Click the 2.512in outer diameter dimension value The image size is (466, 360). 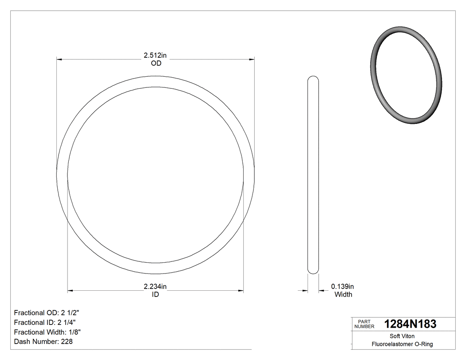[x=155, y=55]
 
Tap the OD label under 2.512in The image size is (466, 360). [x=156, y=63]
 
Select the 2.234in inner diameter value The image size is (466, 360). [x=155, y=286]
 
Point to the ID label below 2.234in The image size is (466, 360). [x=155, y=294]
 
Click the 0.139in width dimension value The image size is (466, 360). [x=343, y=286]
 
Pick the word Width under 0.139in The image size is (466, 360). [x=343, y=294]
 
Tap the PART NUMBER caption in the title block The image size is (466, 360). [x=364, y=324]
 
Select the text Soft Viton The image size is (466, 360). [x=402, y=336]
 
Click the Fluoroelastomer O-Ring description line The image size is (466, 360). [x=402, y=344]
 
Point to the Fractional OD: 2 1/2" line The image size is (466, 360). [x=50, y=312]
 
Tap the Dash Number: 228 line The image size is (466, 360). [x=43, y=342]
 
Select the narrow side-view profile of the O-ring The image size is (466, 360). [x=313, y=175]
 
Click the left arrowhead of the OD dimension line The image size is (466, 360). [x=59, y=59]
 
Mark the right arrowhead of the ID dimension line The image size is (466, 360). [x=241, y=291]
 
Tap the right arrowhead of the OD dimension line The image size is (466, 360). [x=252, y=59]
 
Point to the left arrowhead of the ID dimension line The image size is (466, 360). [x=70, y=291]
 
